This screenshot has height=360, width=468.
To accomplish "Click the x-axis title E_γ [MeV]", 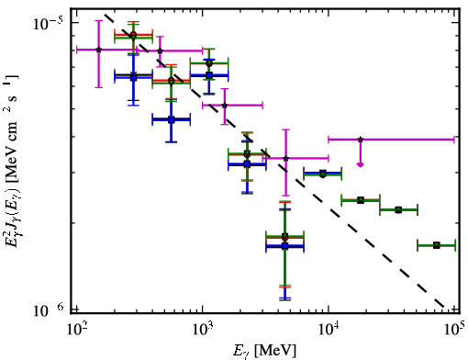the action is [264, 351].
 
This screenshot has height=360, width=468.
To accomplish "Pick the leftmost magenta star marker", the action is [98, 50].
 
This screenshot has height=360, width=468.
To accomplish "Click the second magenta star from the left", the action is [160, 51].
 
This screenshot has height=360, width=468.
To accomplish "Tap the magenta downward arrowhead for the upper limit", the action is [361, 164].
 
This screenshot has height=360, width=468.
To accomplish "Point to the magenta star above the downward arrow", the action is [361, 140].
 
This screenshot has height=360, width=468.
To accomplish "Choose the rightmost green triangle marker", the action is [437, 245].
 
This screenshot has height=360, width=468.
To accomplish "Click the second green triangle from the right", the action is [398, 210].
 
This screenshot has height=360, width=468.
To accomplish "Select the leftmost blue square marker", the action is [133, 77].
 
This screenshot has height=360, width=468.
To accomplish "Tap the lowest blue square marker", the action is [285, 246].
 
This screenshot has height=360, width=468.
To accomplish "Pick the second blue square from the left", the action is [172, 120].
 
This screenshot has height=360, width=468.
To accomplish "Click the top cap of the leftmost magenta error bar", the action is [98, 21].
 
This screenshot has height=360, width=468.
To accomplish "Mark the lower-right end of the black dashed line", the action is [444, 307].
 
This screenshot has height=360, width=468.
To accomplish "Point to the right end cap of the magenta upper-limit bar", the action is [454, 140].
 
